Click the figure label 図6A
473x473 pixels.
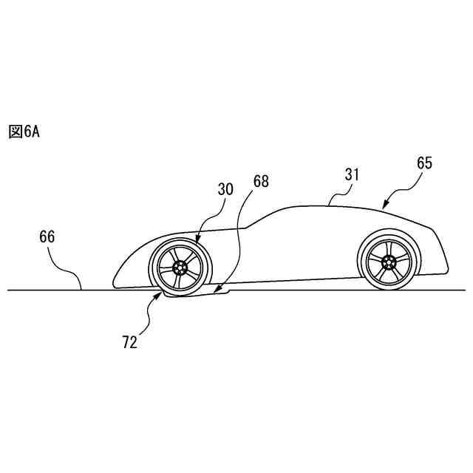[24, 132]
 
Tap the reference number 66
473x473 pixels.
[47, 237]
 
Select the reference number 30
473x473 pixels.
[225, 190]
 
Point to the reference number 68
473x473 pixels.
[261, 181]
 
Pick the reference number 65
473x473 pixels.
[425, 163]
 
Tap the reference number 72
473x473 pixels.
[130, 343]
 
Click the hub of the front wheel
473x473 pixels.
[178, 267]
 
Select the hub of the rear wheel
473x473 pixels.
[389, 261]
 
